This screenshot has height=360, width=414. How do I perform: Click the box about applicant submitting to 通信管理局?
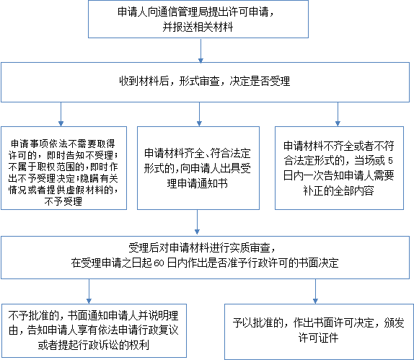[198, 19]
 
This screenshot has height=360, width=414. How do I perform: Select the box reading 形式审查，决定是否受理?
[205, 82]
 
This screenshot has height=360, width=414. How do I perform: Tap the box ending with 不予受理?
[63, 168]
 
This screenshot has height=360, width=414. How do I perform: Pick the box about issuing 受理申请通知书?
[198, 168]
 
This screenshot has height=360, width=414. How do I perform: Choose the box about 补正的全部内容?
[339, 168]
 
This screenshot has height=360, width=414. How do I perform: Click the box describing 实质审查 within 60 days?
[205, 258]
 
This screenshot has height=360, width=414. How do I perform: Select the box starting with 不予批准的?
[94, 330]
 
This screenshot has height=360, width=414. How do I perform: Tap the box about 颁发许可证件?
[319, 332]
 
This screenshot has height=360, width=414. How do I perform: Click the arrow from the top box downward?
[201, 51]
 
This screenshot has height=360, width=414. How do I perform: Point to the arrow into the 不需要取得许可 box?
[61, 114]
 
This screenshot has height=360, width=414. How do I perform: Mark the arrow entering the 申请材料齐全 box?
[199, 114]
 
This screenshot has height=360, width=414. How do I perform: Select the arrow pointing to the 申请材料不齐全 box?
[338, 114]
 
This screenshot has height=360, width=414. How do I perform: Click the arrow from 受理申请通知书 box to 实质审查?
[197, 222]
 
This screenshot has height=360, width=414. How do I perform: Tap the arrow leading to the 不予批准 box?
[89, 291]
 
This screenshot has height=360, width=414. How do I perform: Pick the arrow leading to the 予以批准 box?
[315, 291]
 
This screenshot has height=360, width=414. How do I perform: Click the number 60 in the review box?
[159, 263]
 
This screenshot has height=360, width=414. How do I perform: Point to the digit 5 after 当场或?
[390, 160]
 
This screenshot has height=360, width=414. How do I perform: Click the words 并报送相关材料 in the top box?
[198, 27]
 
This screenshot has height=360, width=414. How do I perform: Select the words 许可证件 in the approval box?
[318, 338]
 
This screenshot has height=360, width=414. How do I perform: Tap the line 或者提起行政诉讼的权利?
[94, 345]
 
